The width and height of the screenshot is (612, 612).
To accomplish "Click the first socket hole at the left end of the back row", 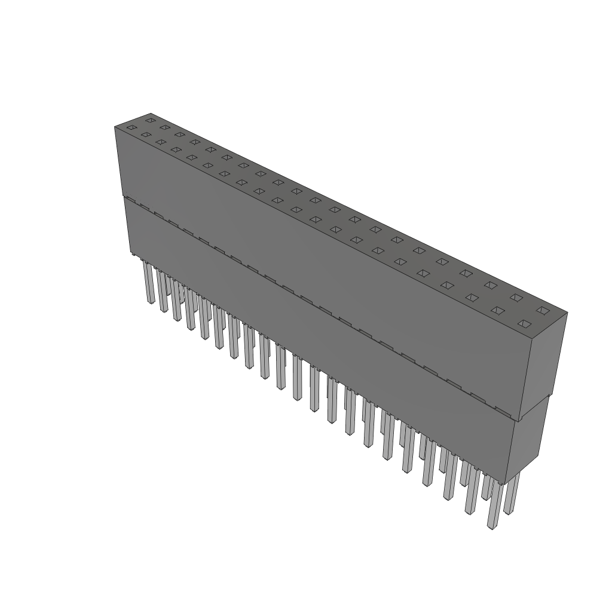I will click(150, 120).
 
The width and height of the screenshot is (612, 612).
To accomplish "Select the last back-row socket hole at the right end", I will click(542, 310).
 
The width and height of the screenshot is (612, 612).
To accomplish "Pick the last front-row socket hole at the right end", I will click(524, 324).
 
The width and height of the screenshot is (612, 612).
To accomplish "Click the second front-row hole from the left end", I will click(146, 134).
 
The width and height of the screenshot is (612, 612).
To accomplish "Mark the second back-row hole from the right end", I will click(516, 297).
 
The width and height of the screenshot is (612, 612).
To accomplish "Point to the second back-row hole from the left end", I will click(164, 127).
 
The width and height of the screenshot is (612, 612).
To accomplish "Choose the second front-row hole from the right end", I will click(497, 311).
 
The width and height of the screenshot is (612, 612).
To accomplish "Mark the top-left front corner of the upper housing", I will click(115, 127).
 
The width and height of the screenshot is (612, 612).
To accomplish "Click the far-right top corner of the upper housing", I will click(567, 312).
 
